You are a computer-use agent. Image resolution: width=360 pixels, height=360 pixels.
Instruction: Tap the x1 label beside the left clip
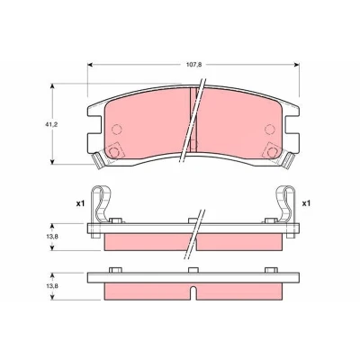click(x=80, y=203)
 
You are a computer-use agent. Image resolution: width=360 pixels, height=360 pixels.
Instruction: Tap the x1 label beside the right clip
click(x=306, y=203)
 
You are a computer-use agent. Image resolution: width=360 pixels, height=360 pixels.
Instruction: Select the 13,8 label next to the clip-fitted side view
click(x=52, y=237)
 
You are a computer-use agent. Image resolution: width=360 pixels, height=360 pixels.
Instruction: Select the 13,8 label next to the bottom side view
click(x=52, y=286)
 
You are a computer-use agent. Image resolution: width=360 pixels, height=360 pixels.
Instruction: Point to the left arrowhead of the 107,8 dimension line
click(x=89, y=65)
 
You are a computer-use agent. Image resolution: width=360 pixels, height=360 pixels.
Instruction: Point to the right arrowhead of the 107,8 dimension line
click(x=297, y=65)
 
